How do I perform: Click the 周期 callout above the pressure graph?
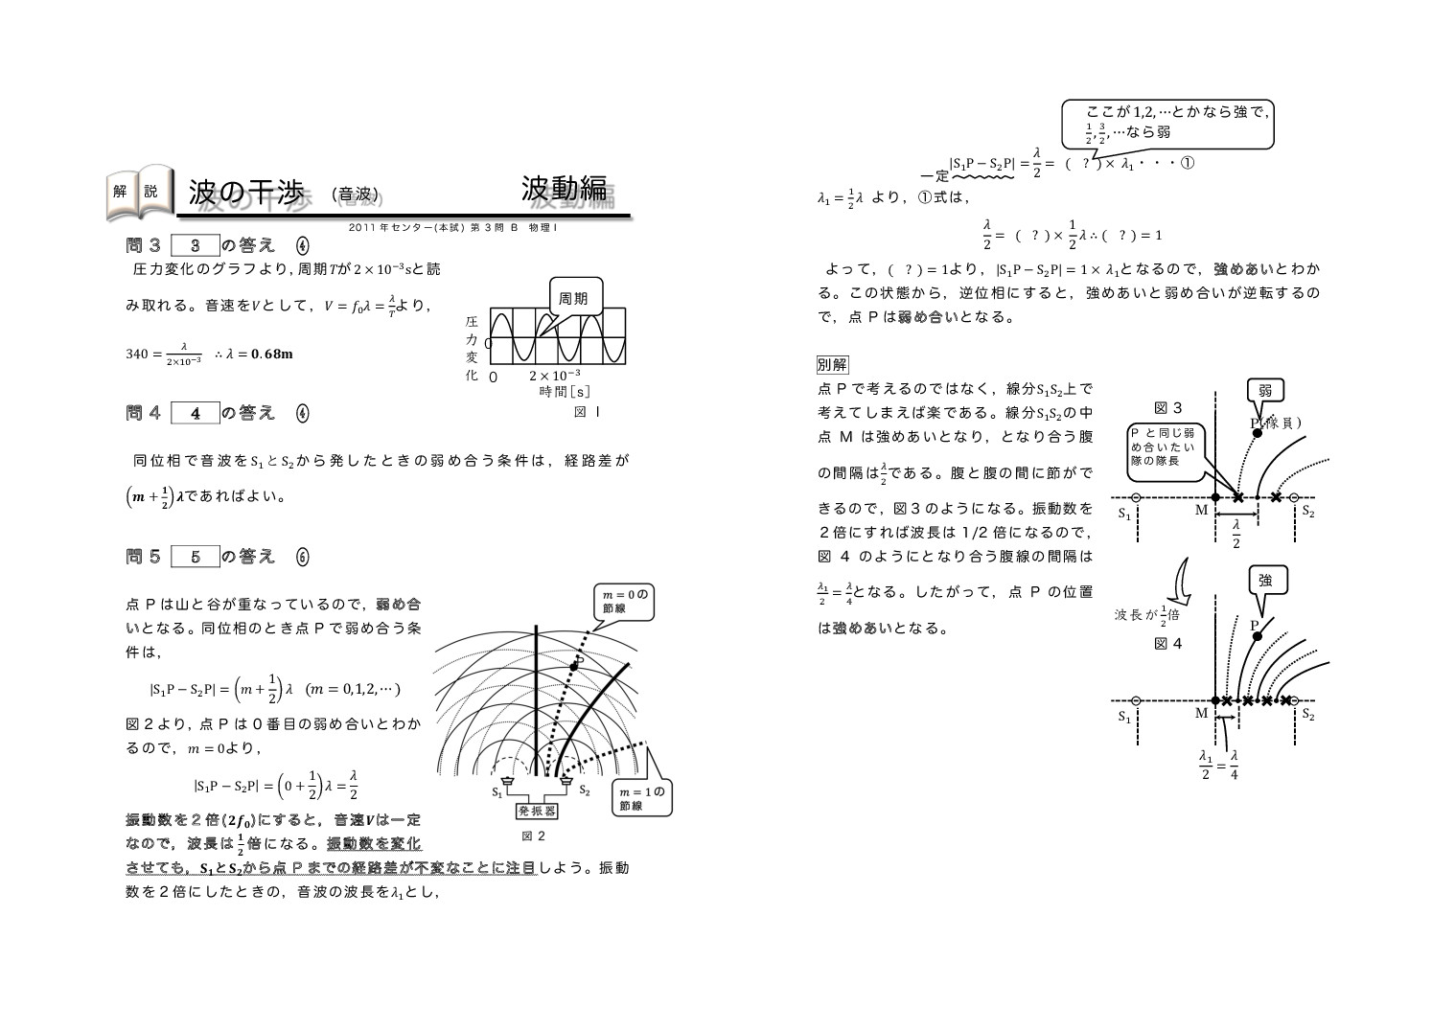pos(575,298)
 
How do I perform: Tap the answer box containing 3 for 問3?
pos(196,245)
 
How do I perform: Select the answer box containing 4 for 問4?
pos(196,413)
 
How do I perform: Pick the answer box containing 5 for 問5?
pos(196,557)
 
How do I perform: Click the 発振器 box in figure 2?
pos(538,811)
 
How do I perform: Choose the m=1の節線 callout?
pos(642,798)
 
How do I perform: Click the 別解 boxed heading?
pos(831,364)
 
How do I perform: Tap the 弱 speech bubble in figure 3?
pos(1265,390)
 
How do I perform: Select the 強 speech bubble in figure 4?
pos(1265,581)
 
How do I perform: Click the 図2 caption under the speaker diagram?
pos(533,835)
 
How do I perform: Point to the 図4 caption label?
pos(1167,644)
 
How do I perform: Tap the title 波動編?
pos(565,189)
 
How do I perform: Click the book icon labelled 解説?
pos(138,191)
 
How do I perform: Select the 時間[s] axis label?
pos(564,391)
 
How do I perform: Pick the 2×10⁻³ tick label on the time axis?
pos(554,375)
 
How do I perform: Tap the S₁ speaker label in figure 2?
pos(497,791)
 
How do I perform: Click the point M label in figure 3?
pos(1201,511)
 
